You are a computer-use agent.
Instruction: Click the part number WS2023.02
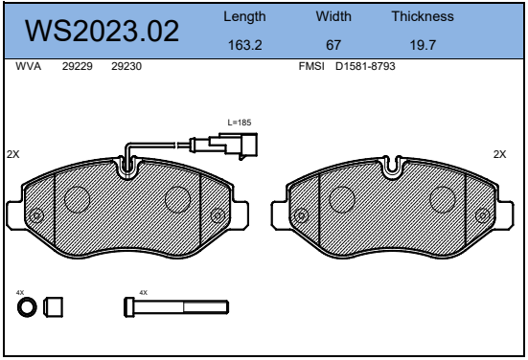point(102,31)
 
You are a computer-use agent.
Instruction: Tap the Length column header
point(244,17)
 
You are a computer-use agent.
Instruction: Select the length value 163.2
point(244,45)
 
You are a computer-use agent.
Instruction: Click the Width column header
point(333,16)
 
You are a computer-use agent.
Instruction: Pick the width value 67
point(333,45)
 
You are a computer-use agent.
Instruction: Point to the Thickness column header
point(423,16)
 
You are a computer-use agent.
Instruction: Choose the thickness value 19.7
point(423,45)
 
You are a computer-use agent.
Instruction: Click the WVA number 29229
point(77,66)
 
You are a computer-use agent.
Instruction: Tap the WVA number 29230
point(126,66)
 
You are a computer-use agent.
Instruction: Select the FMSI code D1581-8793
point(365,66)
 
